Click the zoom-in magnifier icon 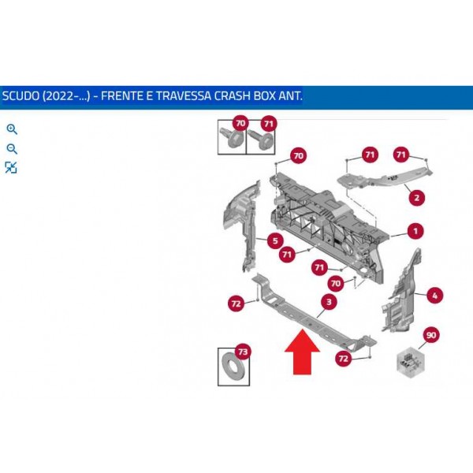(x=12, y=129)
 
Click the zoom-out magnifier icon (x=12, y=149)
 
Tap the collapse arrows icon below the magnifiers (x=11, y=167)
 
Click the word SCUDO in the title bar (x=20, y=96)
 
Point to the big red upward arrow (x=302, y=352)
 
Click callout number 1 (x=415, y=231)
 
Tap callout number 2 (x=416, y=198)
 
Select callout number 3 (x=329, y=302)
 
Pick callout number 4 (x=434, y=296)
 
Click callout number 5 (x=275, y=240)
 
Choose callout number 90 (x=431, y=335)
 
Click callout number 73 (x=243, y=352)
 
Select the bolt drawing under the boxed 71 (x=260, y=139)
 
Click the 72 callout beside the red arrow (x=343, y=359)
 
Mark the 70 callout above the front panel (x=298, y=155)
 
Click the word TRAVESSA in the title (x=184, y=96)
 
